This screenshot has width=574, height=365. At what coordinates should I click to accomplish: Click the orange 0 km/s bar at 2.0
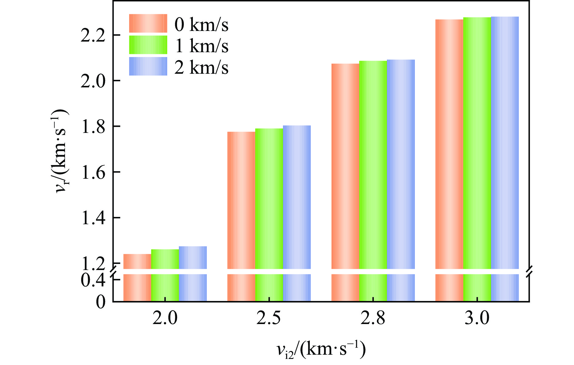tap(137, 261)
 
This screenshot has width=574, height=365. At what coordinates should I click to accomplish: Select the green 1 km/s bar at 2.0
tap(165, 259)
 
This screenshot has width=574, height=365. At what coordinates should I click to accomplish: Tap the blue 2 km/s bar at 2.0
tap(193, 258)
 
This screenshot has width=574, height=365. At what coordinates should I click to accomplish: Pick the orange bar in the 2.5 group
tap(241, 200)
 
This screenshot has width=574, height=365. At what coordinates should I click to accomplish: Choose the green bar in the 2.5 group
tap(269, 199)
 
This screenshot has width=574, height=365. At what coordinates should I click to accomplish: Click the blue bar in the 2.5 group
tap(297, 197)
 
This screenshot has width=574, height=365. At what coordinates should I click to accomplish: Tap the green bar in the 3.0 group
tap(477, 143)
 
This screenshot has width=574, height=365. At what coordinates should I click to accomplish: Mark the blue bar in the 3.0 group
tap(505, 143)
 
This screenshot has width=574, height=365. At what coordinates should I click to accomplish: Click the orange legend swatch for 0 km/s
tap(148, 23)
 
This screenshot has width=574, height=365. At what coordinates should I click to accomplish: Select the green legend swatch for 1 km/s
tap(148, 45)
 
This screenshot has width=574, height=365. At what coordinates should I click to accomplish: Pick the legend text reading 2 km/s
tap(201, 67)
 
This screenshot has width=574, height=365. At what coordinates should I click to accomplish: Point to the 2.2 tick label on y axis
tap(93, 36)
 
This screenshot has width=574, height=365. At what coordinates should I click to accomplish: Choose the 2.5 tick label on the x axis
tap(269, 319)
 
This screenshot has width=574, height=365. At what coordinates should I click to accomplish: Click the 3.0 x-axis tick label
tap(477, 319)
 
